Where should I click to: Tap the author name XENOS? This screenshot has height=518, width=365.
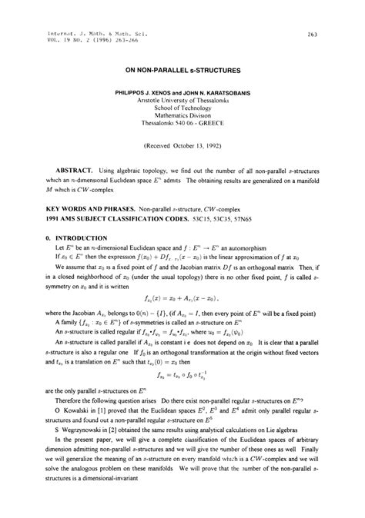pyautogui.click(x=164, y=91)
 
